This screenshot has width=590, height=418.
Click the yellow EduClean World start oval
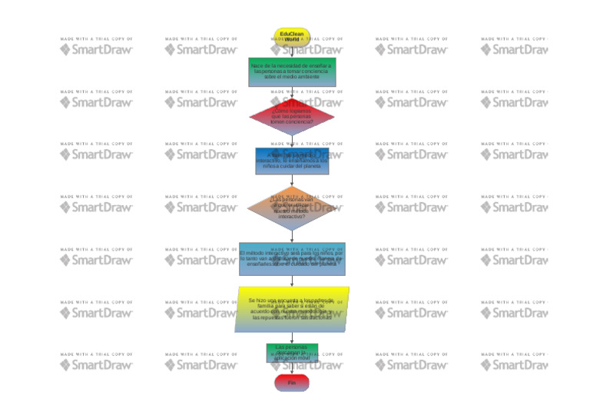[291, 35]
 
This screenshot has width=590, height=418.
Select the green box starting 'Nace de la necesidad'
[291, 71]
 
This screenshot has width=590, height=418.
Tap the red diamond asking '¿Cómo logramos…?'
[292, 116]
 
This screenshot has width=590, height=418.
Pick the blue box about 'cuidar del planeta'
[292, 161]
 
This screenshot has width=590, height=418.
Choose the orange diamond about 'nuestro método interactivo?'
[292, 207]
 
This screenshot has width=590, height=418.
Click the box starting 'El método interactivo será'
[292, 259]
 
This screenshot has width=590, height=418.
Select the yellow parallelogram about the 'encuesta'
[292, 309]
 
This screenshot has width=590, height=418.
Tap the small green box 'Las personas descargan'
[292, 353]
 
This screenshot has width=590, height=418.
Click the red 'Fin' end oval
[292, 382]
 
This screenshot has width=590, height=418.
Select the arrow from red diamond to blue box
[292, 141]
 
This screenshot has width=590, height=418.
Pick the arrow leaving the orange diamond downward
[292, 236]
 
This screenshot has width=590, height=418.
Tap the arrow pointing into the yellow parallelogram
[292, 281]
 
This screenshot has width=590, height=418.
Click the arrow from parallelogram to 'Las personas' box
[292, 337]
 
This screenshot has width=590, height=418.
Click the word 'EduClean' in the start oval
[291, 33]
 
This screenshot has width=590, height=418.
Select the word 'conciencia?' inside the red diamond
[292, 121]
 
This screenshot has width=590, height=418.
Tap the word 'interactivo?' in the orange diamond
[292, 217]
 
